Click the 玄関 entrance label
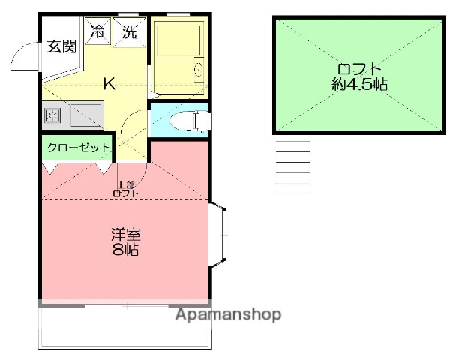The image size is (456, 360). pos(62,46)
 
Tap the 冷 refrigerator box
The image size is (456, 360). pos(97,31)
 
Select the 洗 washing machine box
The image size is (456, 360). pos(129,31)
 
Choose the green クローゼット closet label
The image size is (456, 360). pos(78,148)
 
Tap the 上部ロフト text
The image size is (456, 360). pos(125,189)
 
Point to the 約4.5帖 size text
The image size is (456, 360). pos(359,85)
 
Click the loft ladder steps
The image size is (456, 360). pos(293,165)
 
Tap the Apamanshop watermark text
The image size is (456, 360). pos(228,315)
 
